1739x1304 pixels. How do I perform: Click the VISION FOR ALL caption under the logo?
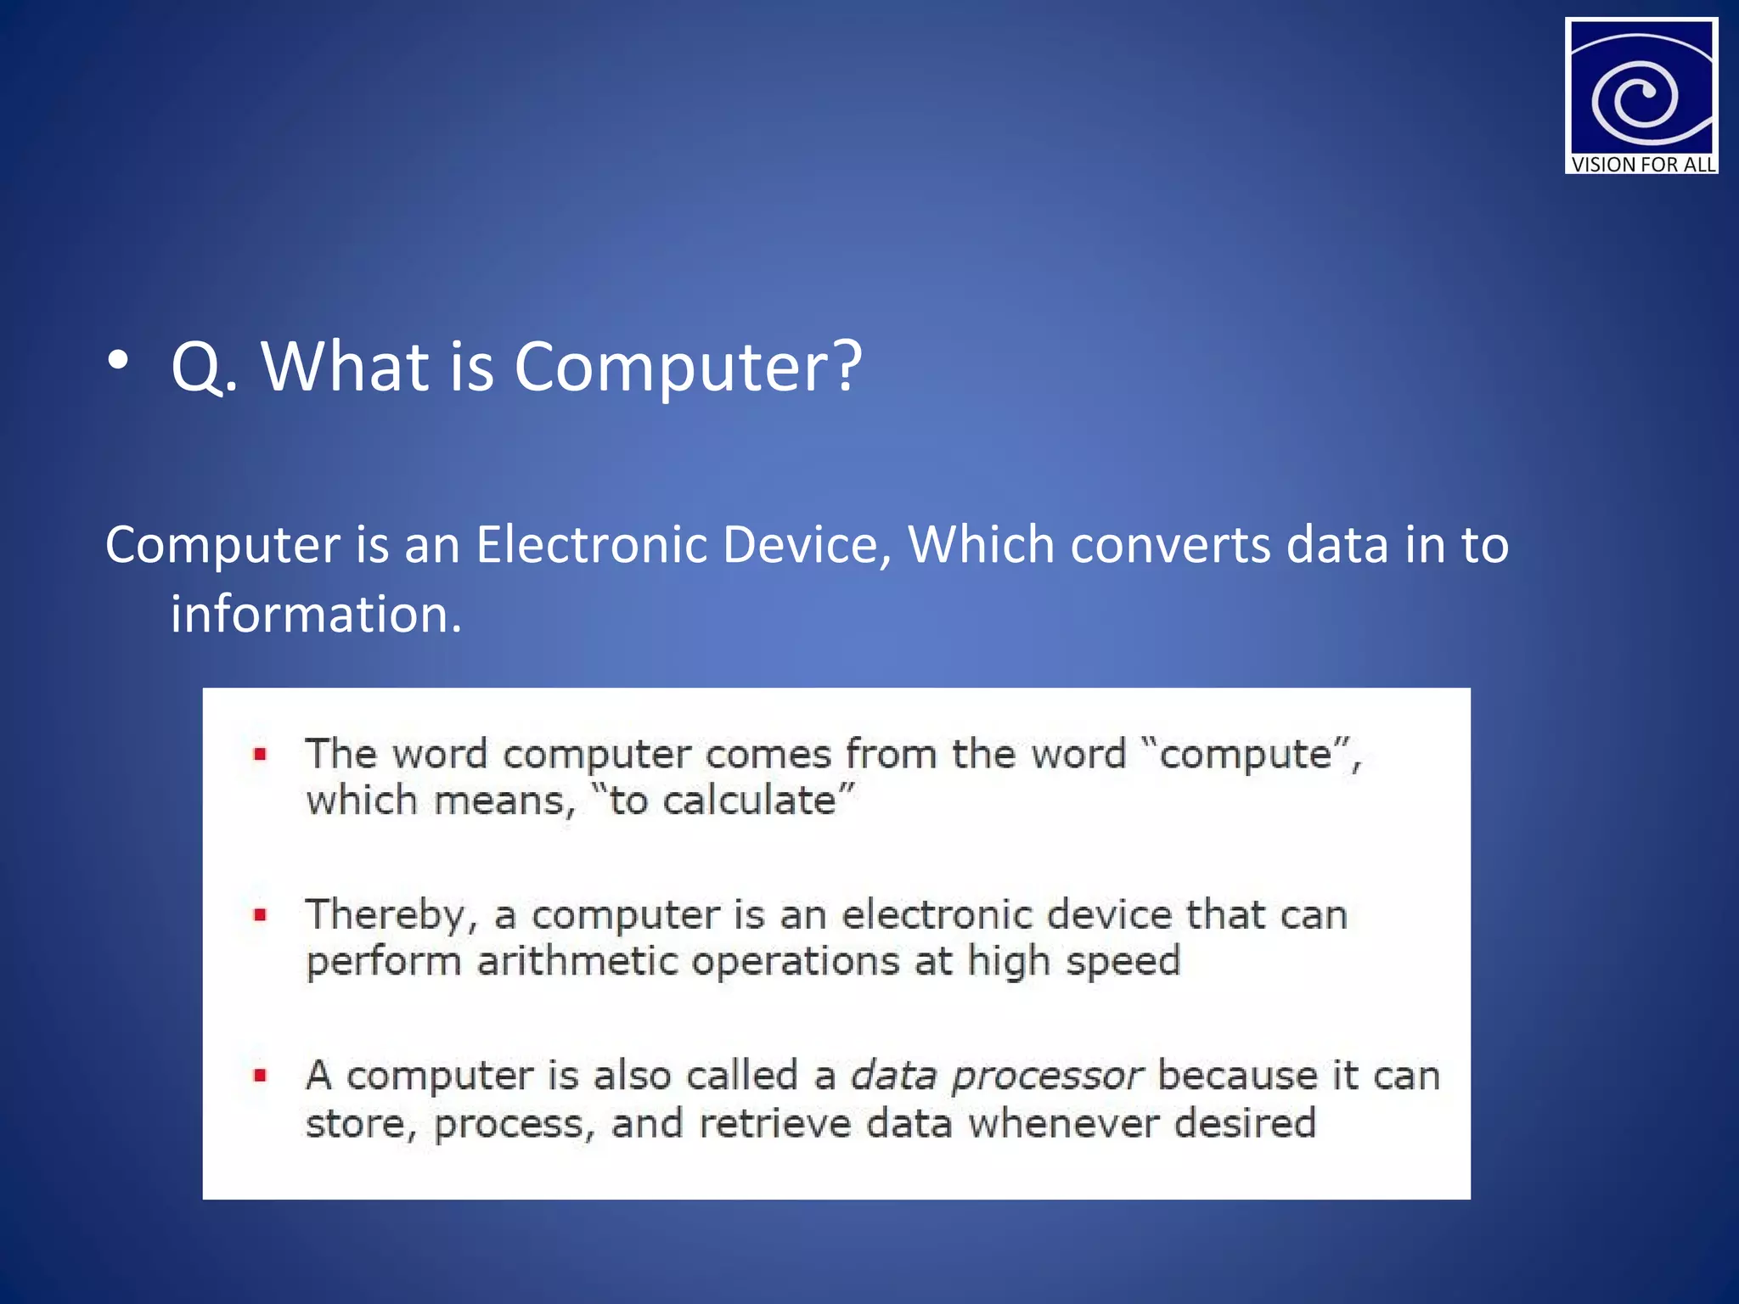pyautogui.click(x=1642, y=165)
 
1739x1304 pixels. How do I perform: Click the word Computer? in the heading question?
pyautogui.click(x=688, y=367)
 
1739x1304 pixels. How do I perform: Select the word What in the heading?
pyautogui.click(x=345, y=367)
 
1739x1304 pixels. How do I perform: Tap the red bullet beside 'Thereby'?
pyautogui.click(x=261, y=915)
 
